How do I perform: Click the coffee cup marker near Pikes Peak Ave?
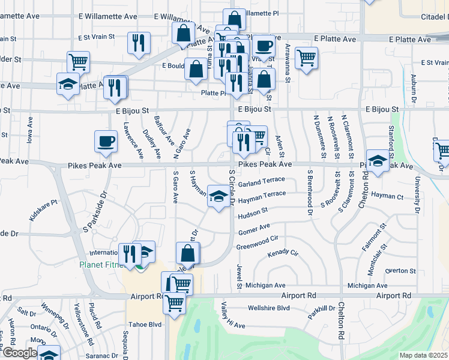(106, 142)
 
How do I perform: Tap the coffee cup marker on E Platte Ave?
(264, 46)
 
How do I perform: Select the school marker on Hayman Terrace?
(217, 196)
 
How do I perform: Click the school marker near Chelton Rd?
(378, 161)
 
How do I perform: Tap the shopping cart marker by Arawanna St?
(306, 58)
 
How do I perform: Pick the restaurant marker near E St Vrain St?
(139, 43)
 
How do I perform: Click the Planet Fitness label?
(102, 265)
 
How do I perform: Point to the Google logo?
(19, 353)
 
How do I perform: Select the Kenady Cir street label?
(283, 253)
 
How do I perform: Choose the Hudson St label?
(253, 212)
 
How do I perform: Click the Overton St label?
(396, 271)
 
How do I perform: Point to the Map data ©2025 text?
(423, 355)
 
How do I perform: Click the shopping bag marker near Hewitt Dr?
(188, 254)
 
